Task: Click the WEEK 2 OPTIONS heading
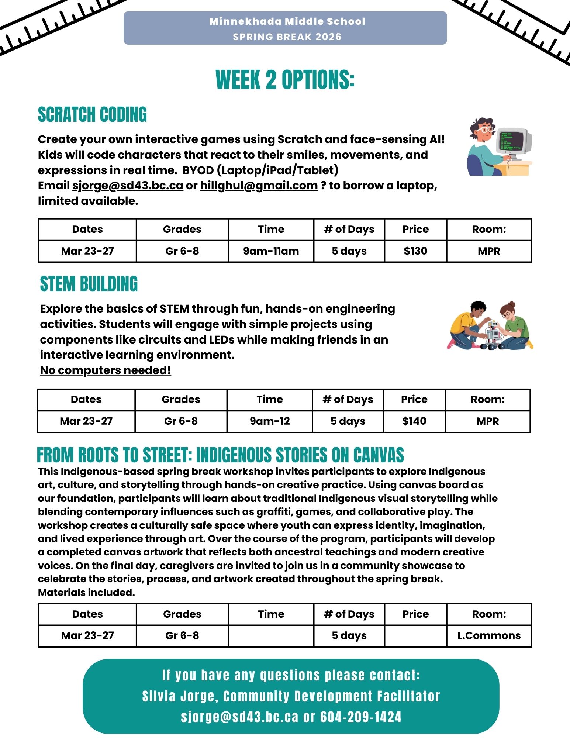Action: [x=285, y=80]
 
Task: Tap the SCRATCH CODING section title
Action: [x=92, y=114]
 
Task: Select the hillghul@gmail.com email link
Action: [x=259, y=185]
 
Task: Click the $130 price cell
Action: [x=415, y=251]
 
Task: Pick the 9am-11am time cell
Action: [x=271, y=251]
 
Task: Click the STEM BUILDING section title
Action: [x=89, y=284]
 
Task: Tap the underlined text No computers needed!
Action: [x=106, y=370]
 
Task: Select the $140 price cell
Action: [x=414, y=421]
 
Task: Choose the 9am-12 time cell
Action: [x=270, y=421]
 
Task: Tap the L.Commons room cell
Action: [x=489, y=635]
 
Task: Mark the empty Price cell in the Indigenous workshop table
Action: [x=415, y=635]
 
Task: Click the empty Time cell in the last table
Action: [x=271, y=635]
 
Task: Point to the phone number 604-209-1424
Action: [x=360, y=717]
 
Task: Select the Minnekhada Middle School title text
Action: [x=287, y=21]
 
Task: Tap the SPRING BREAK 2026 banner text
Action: [x=287, y=37]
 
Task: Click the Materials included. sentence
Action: [x=86, y=593]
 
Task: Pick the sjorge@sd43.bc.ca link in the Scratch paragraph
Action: [x=128, y=185]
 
